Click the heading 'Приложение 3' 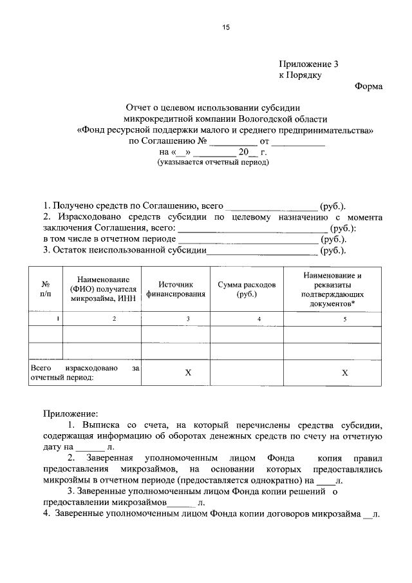click(308, 64)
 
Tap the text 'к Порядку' click(300, 75)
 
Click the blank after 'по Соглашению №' click(233, 141)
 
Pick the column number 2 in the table click(115, 319)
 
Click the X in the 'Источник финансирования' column click(188, 373)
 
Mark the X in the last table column click(344, 373)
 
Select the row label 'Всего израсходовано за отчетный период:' click(84, 373)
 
